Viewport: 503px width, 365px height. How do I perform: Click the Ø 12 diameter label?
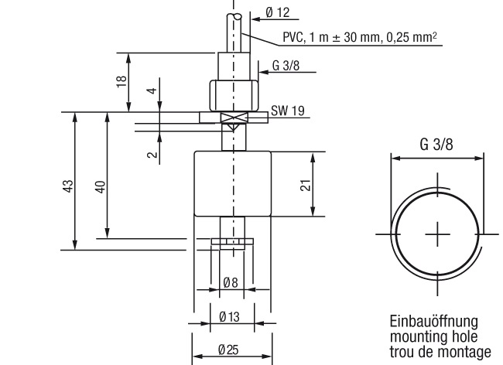278,12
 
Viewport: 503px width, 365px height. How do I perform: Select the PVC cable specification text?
360,37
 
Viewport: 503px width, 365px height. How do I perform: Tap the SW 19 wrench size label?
288,111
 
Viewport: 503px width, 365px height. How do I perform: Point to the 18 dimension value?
121,82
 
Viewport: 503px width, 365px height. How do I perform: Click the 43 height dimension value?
68,186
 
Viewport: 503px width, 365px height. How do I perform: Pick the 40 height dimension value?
101,187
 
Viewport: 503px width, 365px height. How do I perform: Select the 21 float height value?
306,185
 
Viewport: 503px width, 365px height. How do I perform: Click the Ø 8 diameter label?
231,282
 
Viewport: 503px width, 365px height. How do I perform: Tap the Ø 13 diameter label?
229,317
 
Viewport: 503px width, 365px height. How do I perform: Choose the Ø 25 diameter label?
228,350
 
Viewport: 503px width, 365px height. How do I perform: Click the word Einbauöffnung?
433,321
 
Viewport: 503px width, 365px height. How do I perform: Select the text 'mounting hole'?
433,336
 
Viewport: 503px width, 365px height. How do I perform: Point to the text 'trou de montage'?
440,352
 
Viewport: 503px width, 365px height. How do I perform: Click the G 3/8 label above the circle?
436,144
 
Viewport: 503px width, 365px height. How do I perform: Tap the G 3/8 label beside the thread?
286,66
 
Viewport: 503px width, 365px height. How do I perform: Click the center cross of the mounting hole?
437,234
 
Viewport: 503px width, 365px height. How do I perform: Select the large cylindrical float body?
233,183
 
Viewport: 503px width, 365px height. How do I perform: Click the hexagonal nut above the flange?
234,95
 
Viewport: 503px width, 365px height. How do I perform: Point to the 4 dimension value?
152,90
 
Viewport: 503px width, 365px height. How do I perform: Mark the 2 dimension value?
153,154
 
